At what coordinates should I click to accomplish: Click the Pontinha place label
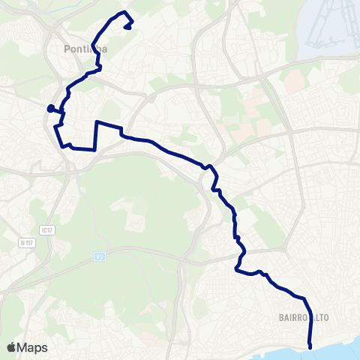pyautogui.click(x=82, y=49)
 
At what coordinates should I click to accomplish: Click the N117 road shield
pyautogui.click(x=28, y=242)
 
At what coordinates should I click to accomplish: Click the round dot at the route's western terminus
pyautogui.click(x=50, y=109)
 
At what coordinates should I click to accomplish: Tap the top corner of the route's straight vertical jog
pyautogui.click(x=97, y=121)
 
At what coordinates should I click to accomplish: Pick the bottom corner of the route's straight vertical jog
pyautogui.click(x=94, y=149)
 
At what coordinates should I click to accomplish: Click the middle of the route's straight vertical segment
pyautogui.click(x=95, y=136)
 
